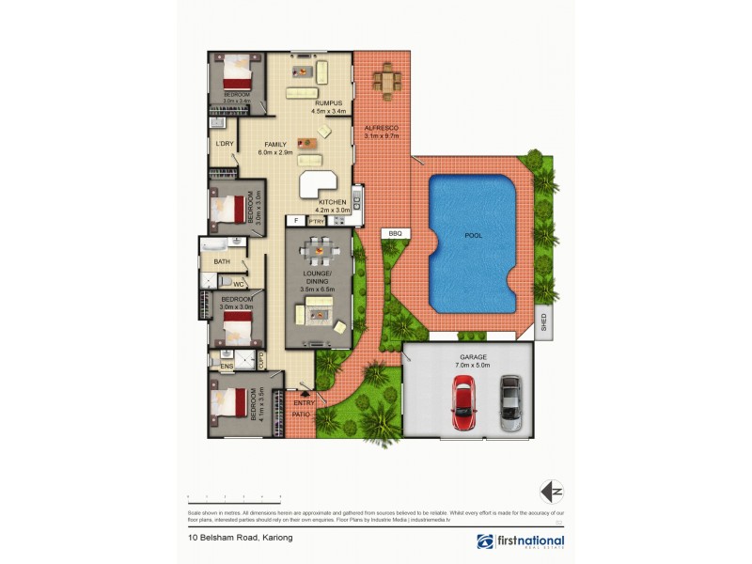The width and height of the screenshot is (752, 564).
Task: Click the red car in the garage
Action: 463,401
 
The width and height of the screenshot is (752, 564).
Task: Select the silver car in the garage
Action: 510,403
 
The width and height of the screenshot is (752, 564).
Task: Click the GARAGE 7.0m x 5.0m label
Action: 475,360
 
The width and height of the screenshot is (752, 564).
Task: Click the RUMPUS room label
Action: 328,103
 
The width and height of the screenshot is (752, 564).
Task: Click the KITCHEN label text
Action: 334,204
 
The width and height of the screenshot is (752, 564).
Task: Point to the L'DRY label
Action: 224,144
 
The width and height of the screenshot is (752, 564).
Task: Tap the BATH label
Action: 222,261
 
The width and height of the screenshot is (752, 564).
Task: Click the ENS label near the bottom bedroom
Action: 227,365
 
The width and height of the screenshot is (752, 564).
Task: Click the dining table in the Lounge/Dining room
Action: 319,251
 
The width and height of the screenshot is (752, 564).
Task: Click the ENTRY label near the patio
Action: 305,403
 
